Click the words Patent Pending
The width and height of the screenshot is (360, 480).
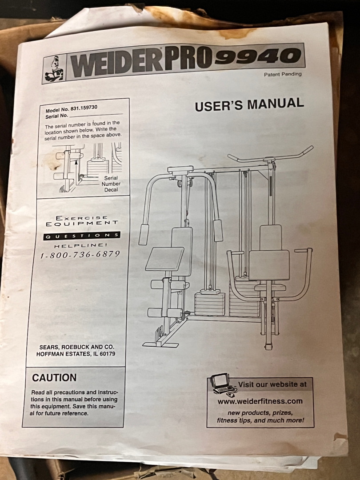(x=283, y=74)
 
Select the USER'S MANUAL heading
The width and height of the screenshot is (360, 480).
(x=249, y=105)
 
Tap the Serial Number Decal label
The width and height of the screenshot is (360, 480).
(x=111, y=184)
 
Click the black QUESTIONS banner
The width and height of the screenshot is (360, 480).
(x=81, y=236)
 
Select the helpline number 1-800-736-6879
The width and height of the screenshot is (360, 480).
(x=80, y=255)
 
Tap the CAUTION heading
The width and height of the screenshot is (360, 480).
(x=54, y=378)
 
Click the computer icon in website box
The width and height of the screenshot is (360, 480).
(x=221, y=384)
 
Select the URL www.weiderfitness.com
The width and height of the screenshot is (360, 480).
(x=260, y=401)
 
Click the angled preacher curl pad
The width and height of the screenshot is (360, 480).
(x=164, y=259)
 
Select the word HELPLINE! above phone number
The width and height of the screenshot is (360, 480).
(x=80, y=245)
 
